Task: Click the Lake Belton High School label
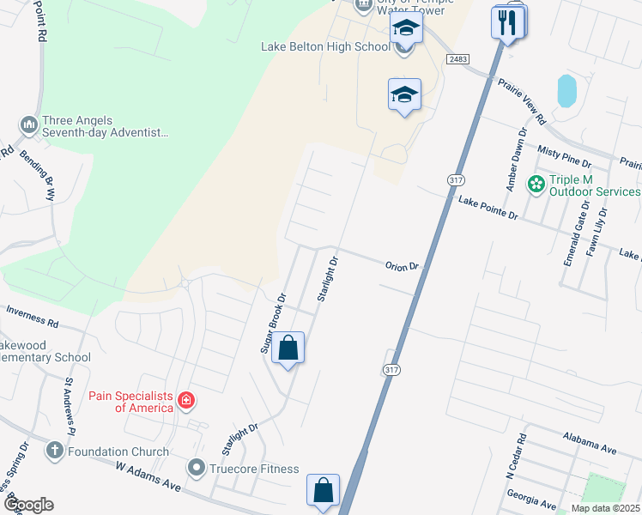tap(324, 46)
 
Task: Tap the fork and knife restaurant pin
tap(508, 23)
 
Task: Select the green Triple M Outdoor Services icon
tap(536, 184)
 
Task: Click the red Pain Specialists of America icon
tap(185, 400)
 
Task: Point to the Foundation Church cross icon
tap(54, 451)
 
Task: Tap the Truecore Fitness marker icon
tap(197, 469)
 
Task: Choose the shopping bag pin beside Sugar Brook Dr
tap(288, 348)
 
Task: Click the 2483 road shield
tap(457, 58)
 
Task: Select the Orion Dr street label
tap(402, 267)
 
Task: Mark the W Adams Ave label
tap(148, 474)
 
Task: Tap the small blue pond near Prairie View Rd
tap(566, 91)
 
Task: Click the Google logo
tap(27, 505)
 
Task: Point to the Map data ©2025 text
tap(604, 508)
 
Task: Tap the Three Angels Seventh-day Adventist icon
tap(28, 125)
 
